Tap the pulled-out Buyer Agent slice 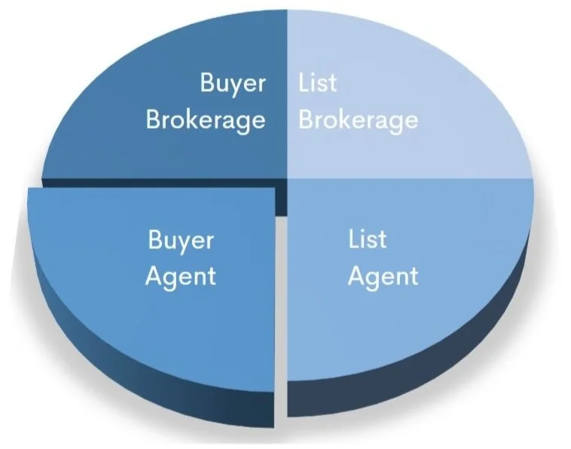pos(151,316)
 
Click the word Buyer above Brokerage pos(233,83)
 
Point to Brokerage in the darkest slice pos(206,120)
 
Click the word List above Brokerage pos(317,82)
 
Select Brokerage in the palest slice pos(358,120)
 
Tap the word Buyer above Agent pos(181,241)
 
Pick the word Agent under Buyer pos(181,276)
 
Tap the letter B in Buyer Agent pos(155,241)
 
